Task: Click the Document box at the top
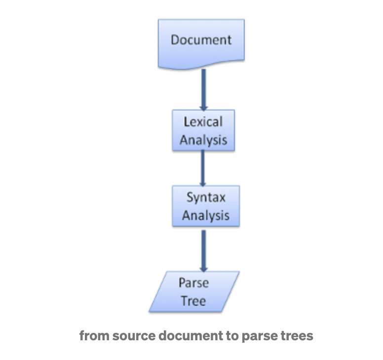click(x=201, y=44)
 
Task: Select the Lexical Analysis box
click(x=203, y=130)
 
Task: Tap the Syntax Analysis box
click(x=206, y=206)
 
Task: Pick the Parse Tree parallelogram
click(x=194, y=291)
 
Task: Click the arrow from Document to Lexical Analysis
click(x=203, y=90)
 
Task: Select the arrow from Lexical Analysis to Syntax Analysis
click(x=203, y=168)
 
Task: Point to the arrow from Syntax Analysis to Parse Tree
click(x=204, y=251)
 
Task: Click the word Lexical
click(x=203, y=122)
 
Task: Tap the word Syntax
click(x=206, y=198)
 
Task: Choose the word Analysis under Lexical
click(x=203, y=140)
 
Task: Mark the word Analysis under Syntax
click(x=206, y=216)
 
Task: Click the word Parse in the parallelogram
click(x=193, y=283)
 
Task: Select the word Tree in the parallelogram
click(x=193, y=301)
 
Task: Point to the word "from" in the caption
click(x=94, y=336)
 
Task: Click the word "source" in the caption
click(x=134, y=336)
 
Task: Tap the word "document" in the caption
click(x=191, y=336)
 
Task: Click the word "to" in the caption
click(x=232, y=336)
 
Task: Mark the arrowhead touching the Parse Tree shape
click(x=204, y=269)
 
